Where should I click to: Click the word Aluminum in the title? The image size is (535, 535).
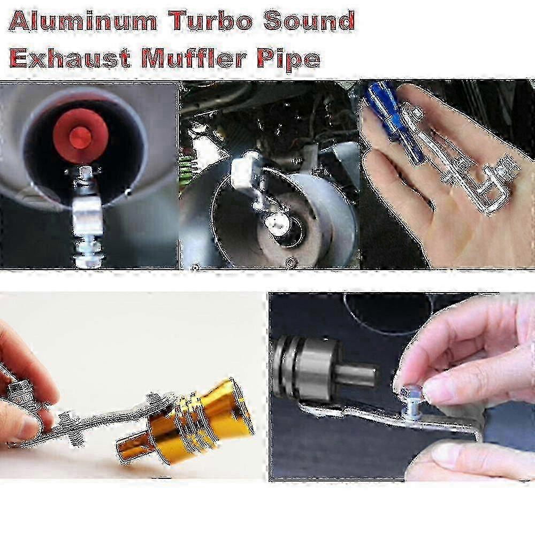(x=82, y=21)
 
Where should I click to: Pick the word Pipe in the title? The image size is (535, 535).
(x=289, y=59)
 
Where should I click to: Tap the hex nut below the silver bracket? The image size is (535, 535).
(x=88, y=253)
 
